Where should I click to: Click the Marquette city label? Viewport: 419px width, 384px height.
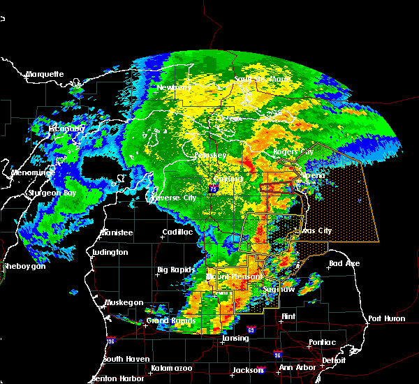click(45, 74)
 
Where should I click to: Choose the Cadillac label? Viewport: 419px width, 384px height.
click(178, 232)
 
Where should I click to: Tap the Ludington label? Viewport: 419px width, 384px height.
click(110, 252)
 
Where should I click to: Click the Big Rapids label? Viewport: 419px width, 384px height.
click(173, 269)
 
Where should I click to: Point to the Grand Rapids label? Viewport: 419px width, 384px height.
click(168, 321)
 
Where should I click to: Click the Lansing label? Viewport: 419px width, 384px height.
click(235, 339)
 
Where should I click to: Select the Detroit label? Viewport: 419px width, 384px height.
click(334, 360)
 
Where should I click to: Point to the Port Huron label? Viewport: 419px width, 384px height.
click(386, 318)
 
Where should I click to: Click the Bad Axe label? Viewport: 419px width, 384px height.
click(344, 264)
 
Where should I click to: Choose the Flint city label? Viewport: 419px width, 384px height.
click(287, 316)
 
